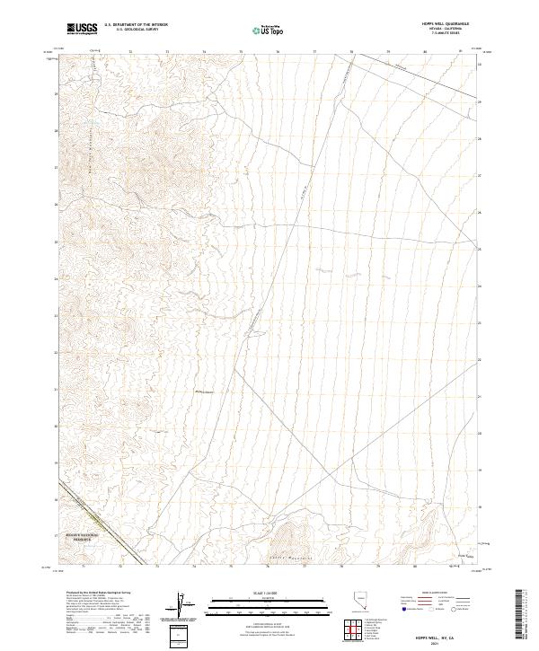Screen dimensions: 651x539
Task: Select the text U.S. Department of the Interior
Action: pyautogui.click(x=136, y=25)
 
